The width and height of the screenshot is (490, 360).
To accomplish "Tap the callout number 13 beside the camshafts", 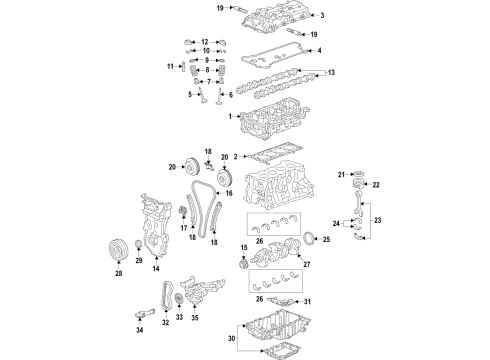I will tap(333, 73).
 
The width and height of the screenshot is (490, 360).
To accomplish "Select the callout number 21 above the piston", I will tap(339, 175).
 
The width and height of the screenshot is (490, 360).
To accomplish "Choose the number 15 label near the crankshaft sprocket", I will tap(243, 247).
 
